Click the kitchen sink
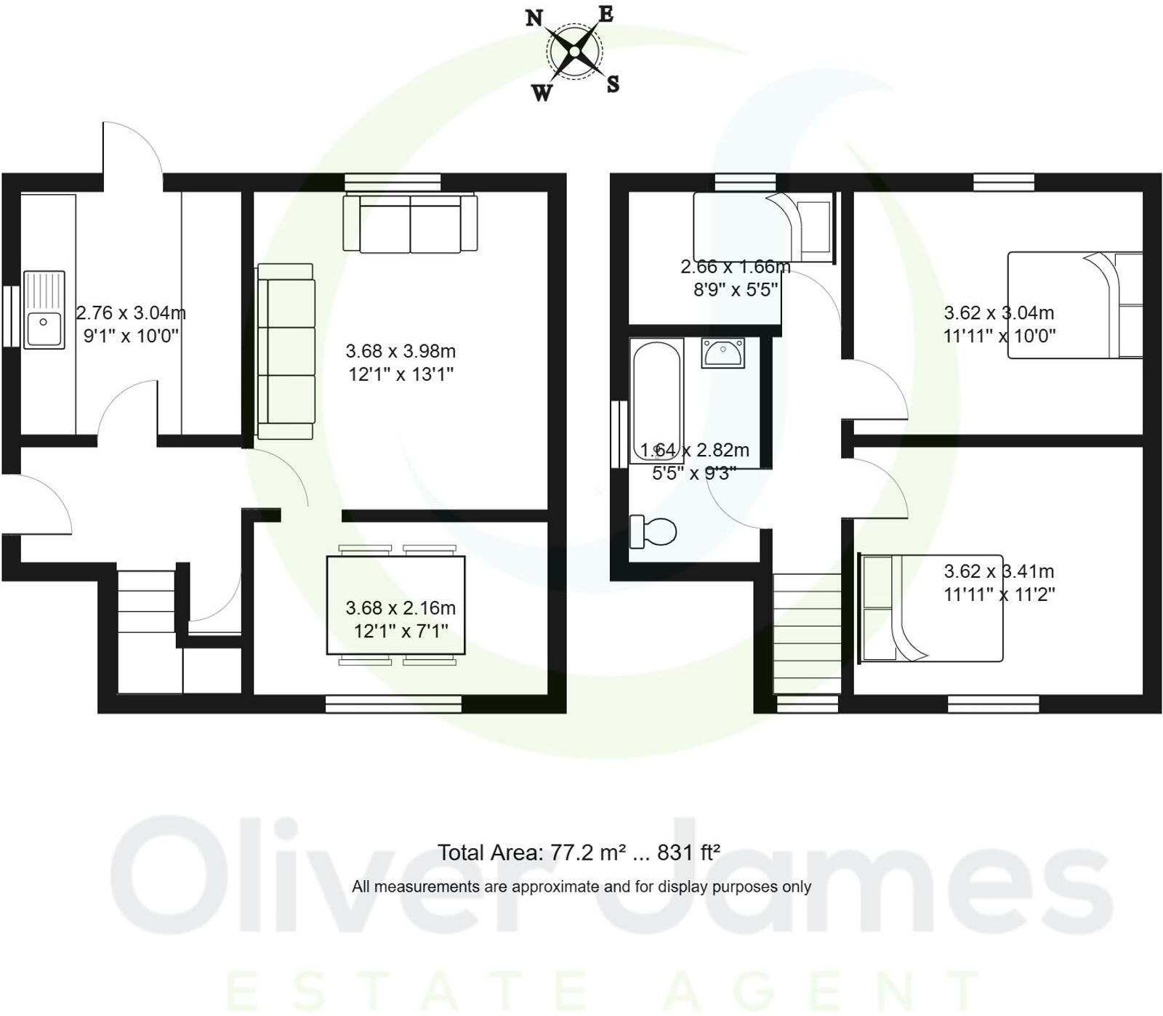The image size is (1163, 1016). tap(44, 310)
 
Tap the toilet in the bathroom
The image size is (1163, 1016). tap(653, 531)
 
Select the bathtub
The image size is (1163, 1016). tap(656, 400)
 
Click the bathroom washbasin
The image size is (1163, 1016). tap(723, 352)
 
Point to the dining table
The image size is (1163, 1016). tap(396, 605)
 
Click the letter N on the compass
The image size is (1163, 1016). tap(534, 18)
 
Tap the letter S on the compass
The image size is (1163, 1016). tap(613, 84)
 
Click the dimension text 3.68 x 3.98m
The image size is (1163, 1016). tap(401, 352)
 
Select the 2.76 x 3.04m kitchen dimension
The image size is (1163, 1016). tap(131, 313)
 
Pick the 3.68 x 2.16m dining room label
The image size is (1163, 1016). tap(401, 608)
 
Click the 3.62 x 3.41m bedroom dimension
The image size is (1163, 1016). tap(999, 572)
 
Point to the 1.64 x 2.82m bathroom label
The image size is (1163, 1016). tap(694, 451)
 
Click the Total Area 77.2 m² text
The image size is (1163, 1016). tap(579, 852)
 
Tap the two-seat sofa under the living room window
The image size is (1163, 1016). tap(411, 223)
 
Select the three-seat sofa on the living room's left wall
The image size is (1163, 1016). tap(286, 351)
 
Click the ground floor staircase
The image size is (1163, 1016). tap(148, 631)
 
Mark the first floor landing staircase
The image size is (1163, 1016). tap(806, 633)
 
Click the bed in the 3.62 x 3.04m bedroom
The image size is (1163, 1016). tap(1074, 305)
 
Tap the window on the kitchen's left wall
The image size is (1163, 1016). tap(11, 316)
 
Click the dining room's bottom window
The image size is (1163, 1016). tap(393, 703)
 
